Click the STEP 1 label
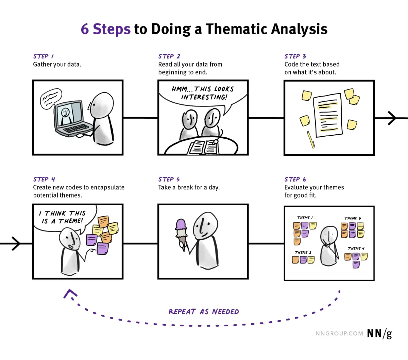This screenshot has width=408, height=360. point(44,56)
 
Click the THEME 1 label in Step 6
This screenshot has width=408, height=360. point(305,218)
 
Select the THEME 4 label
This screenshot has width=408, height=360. point(356,248)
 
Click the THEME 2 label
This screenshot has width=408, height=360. point(303,252)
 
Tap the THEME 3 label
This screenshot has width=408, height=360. point(352,218)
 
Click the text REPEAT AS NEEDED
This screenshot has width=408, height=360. point(204,312)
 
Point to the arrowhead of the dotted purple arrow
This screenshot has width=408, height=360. point(70,293)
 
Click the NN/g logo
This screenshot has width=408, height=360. point(379,333)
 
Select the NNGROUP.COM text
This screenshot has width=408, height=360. point(339,333)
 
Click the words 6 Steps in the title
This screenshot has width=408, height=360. point(105,29)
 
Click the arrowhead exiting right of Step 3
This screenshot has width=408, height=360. point(393,118)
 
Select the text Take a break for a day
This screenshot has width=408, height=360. point(189,187)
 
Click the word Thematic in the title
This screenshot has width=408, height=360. point(237,29)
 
